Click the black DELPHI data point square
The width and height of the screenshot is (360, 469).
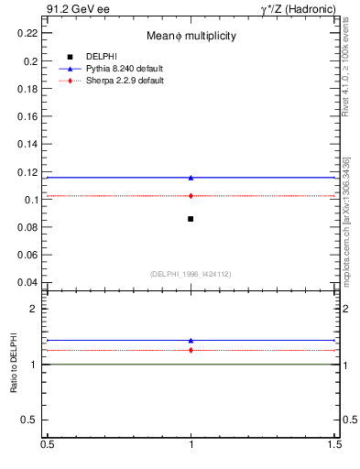pyautogui.click(x=191, y=218)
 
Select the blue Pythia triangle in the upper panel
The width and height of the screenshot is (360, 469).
pyautogui.click(x=191, y=178)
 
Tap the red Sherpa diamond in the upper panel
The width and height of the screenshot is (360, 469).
pyautogui.click(x=191, y=195)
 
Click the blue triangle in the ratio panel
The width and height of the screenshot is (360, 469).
pyautogui.click(x=191, y=341)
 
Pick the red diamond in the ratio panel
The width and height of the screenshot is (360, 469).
pyautogui.click(x=191, y=350)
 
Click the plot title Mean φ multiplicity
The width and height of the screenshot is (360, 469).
pyautogui.click(x=191, y=36)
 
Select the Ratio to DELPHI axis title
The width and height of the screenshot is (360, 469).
pyautogui.click(x=14, y=364)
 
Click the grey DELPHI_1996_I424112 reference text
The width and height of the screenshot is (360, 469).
pyautogui.click(x=191, y=273)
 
